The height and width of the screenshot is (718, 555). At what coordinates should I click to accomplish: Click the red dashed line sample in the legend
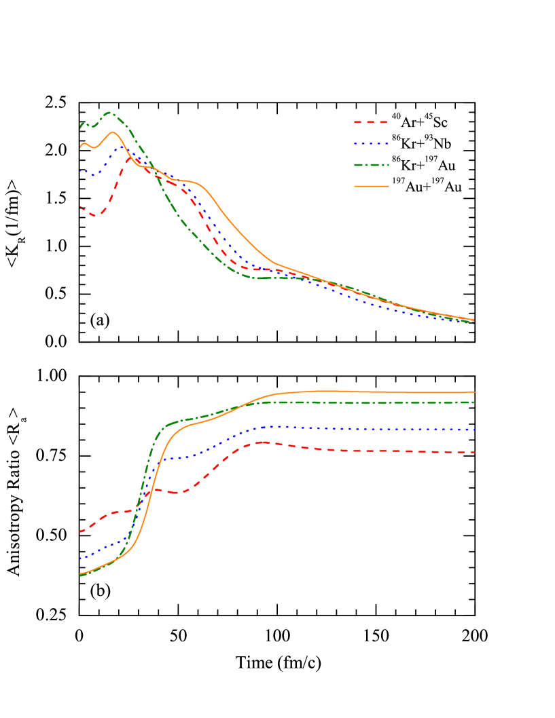[x=371, y=122]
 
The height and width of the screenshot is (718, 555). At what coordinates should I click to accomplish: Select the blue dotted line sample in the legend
[x=371, y=144]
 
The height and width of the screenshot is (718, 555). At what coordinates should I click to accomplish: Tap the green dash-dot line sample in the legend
[x=371, y=165]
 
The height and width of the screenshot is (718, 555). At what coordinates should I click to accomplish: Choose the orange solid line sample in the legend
[x=371, y=186]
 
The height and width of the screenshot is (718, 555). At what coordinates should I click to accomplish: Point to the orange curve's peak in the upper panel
[x=112, y=132]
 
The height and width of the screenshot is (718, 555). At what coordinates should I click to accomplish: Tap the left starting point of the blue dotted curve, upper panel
[x=80, y=171]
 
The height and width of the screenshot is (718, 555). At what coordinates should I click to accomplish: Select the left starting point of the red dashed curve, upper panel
[x=80, y=206]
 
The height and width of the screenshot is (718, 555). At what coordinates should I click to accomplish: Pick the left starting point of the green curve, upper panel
[x=80, y=127]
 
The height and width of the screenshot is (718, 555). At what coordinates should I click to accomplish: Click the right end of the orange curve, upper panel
[x=473, y=320]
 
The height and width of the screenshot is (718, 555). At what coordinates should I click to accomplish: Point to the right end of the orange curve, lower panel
[x=473, y=392]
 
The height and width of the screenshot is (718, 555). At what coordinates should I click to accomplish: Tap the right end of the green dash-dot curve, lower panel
[x=473, y=402]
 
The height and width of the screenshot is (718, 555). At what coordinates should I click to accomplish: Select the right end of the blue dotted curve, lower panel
[x=473, y=430]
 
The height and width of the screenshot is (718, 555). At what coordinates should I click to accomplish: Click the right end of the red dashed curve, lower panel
[x=473, y=452]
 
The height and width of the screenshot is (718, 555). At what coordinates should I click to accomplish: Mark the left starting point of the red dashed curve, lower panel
[x=80, y=532]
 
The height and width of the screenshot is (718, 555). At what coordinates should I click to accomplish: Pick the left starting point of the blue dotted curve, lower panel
[x=80, y=559]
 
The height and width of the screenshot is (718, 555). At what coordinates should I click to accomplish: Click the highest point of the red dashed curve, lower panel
[x=263, y=442]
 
